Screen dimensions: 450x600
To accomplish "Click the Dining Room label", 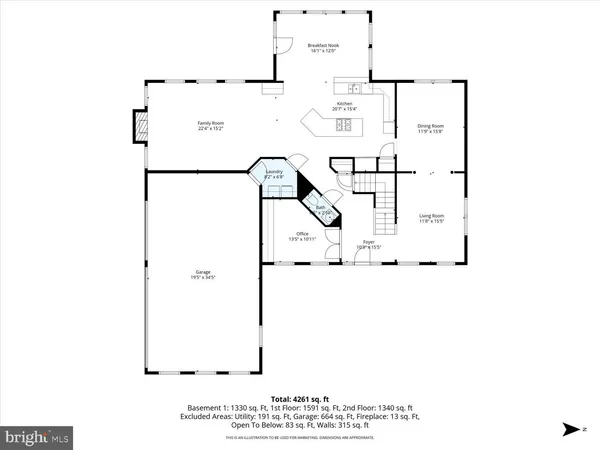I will pos(430,127).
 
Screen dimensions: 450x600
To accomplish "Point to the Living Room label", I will pos(431,217).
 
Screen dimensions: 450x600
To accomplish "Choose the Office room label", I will pos(302,236).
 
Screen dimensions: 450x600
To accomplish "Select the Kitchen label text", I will pos(345,106).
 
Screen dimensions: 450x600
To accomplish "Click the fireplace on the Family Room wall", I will pos(139,127).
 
